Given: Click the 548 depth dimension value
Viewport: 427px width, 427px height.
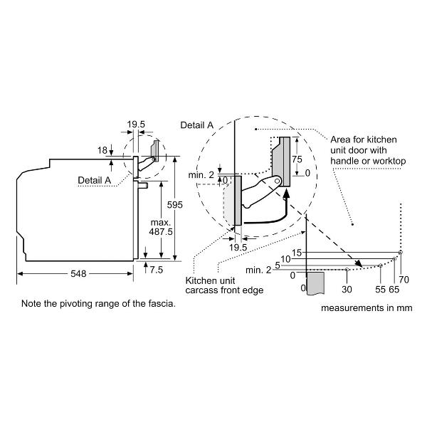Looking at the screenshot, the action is click(78, 273).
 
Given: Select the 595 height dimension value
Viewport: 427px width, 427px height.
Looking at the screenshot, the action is click(175, 205).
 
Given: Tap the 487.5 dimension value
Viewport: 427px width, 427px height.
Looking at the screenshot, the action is click(161, 232).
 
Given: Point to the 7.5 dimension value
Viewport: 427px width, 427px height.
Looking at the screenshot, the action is click(157, 270).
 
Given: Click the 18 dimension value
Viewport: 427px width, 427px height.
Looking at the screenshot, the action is click(102, 150).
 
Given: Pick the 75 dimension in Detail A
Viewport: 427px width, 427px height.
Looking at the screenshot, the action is click(297, 159).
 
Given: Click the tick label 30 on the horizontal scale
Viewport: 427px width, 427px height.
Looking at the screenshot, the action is click(347, 289).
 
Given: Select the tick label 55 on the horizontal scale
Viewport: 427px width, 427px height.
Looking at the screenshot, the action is click(380, 289).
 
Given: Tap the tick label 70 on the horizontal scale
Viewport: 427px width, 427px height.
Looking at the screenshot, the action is click(404, 280).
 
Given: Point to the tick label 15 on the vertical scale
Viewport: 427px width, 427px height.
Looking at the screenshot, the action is click(297, 253).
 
